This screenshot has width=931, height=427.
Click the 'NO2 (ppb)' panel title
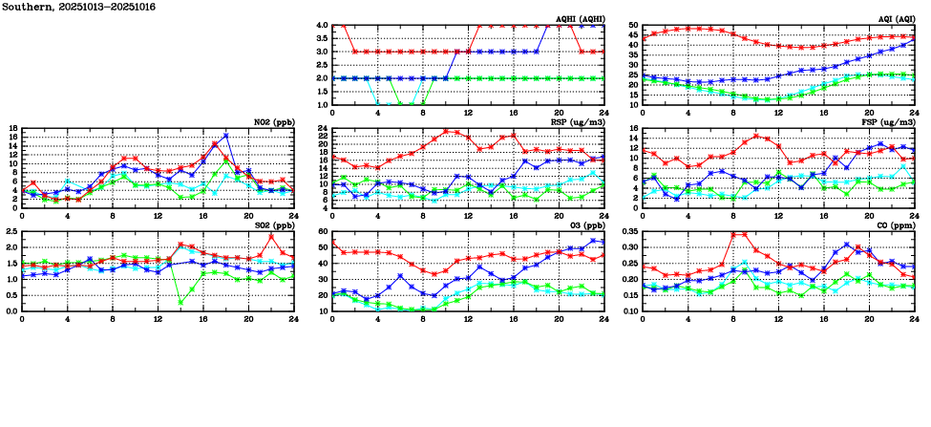(x=272, y=122)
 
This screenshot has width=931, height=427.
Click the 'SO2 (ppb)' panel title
(x=272, y=225)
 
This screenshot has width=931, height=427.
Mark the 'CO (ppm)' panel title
(x=898, y=225)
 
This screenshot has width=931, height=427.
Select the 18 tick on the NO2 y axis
(x=13, y=129)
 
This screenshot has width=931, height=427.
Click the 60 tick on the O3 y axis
(x=325, y=232)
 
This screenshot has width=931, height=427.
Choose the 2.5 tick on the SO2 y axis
(x=11, y=232)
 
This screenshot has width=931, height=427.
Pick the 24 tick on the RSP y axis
(x=325, y=129)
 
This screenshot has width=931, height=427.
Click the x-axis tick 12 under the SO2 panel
(x=158, y=319)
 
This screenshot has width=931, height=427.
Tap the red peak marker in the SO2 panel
(x=271, y=236)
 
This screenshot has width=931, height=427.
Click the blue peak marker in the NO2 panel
(x=226, y=136)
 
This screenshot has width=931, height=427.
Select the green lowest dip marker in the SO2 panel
(x=181, y=302)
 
